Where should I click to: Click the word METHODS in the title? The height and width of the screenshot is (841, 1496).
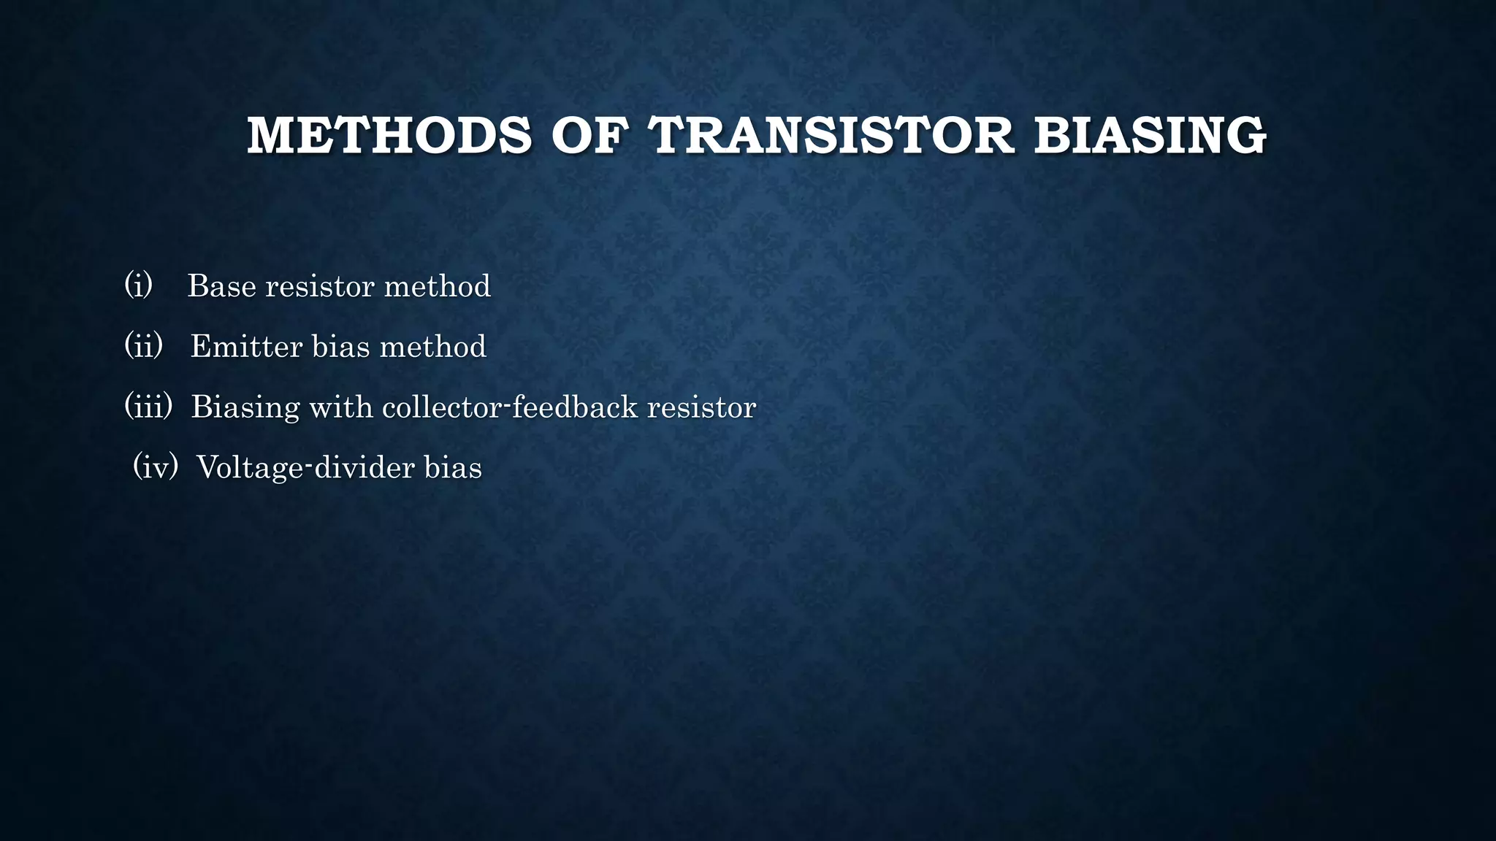[389, 137]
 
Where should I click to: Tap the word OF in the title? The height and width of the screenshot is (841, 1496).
[589, 137]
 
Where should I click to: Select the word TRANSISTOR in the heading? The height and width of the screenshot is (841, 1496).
[832, 137]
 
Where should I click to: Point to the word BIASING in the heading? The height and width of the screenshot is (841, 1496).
[1150, 137]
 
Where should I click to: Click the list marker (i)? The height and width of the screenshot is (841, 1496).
[138, 285]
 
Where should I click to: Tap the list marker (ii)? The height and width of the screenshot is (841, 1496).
[143, 345]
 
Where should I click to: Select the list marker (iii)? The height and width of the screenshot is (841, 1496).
[148, 406]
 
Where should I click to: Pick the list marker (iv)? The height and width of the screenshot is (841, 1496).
[156, 466]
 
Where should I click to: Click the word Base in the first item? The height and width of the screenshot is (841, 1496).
[222, 286]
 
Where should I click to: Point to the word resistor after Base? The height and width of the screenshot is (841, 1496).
[319, 286]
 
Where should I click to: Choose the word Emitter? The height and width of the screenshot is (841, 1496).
[245, 347]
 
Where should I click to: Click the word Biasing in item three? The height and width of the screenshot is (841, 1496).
[245, 407]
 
